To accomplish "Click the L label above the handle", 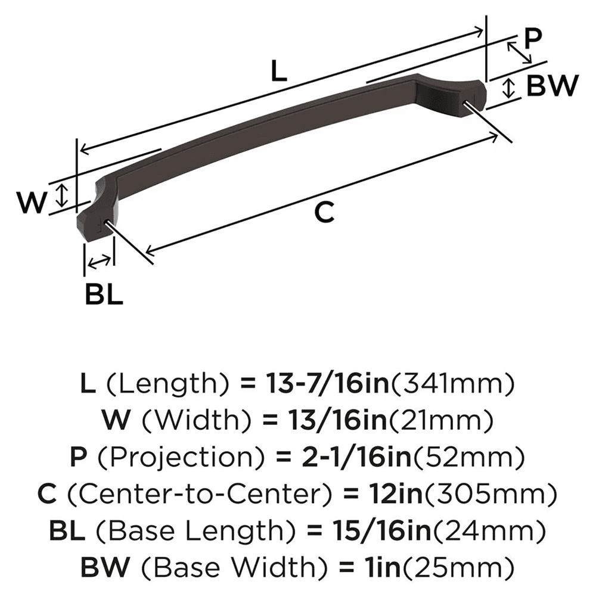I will point(278,72).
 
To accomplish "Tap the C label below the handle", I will point(324,212).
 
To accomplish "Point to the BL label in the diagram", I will point(104,294).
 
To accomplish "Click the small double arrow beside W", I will point(61,194).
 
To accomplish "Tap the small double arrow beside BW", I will point(508,88).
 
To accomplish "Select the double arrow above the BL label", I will point(98,260).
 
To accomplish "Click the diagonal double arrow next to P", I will point(519,52).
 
